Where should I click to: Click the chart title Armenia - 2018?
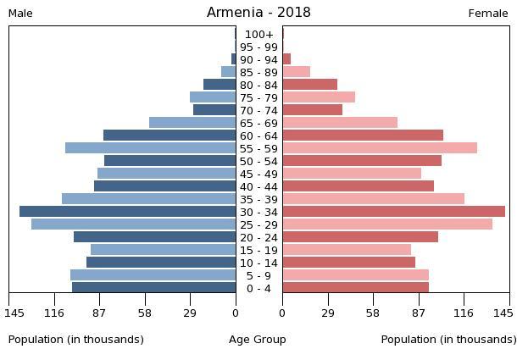click(258, 13)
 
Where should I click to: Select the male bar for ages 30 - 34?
click(127, 212)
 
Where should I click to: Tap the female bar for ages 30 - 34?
click(393, 212)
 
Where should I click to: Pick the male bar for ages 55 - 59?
click(150, 148)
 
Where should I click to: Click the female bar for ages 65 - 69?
click(340, 123)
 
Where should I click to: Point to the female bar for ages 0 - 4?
click(355, 288)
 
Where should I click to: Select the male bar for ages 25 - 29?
click(133, 224)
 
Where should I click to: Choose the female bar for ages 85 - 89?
click(296, 72)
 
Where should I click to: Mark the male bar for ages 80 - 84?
click(220, 85)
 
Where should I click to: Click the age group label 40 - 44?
click(258, 186)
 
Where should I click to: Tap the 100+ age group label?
click(258, 34)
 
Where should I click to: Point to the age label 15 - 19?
click(258, 250)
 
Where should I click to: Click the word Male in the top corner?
click(20, 14)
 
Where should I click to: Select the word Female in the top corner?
click(488, 14)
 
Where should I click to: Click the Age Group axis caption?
click(258, 340)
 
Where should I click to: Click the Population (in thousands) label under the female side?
click(448, 340)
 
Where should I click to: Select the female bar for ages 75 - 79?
click(319, 97)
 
